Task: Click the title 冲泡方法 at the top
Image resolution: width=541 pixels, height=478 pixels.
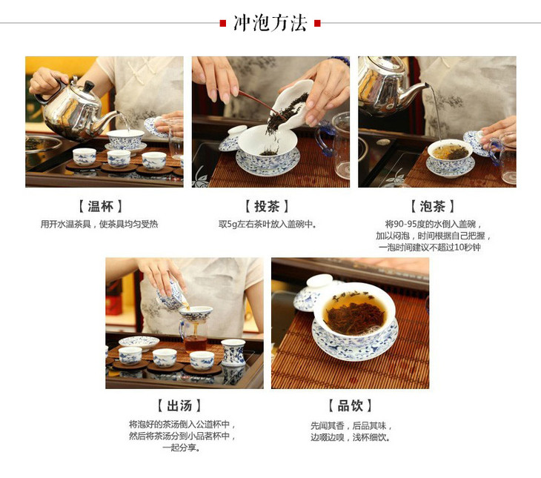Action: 270,23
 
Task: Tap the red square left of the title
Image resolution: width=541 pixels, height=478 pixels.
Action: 223,24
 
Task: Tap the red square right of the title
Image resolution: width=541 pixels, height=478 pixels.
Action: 317,24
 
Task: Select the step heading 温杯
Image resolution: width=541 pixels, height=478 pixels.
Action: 100,206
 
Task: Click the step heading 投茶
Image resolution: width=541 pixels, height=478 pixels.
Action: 267,206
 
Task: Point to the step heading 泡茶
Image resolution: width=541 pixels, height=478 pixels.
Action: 433,206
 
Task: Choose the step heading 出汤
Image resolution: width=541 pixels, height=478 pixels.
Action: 179,405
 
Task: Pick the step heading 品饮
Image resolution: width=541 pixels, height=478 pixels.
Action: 351,405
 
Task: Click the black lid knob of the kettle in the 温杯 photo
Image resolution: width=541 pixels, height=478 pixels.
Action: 89,85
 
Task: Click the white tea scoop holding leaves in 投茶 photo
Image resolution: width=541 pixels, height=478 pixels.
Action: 293,104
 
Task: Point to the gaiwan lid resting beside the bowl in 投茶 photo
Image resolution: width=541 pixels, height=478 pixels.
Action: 232,138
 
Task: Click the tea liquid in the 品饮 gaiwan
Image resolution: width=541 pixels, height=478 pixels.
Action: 355,312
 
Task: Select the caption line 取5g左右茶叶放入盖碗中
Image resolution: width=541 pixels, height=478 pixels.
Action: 268,225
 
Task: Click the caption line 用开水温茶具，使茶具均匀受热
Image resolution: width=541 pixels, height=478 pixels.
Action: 99,225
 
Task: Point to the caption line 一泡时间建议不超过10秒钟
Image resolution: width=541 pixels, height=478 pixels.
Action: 430,247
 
